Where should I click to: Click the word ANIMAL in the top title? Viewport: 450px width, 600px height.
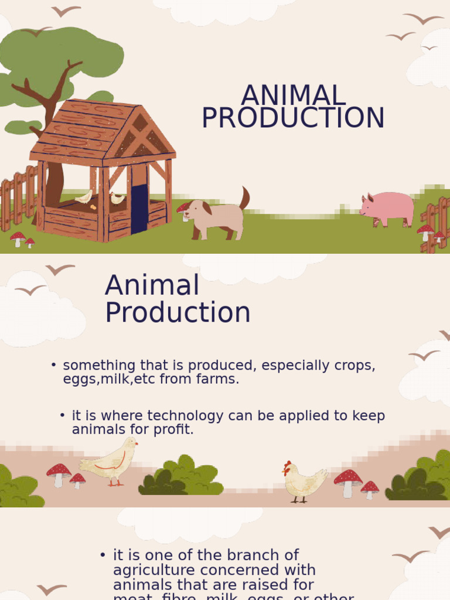coord(294,96)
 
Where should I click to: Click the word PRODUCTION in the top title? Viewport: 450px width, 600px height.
coord(293,118)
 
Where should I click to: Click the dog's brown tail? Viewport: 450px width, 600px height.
coord(244,197)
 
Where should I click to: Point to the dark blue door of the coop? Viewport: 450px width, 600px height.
coord(139,209)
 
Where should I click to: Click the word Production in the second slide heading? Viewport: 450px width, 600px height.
coord(178,312)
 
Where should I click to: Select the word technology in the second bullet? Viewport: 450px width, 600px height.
coord(186,416)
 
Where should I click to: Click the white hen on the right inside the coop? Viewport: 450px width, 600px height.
coord(117,198)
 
